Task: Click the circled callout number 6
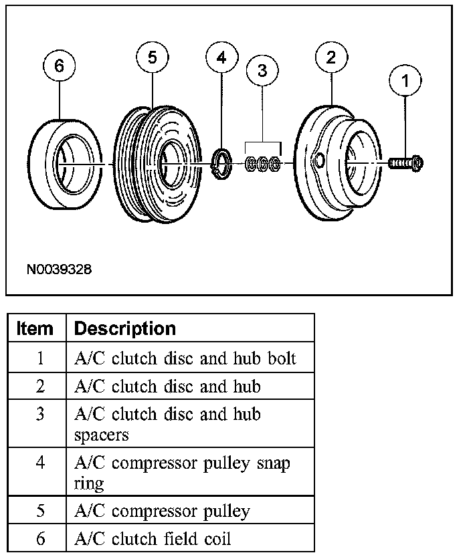[x=60, y=67]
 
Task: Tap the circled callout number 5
[x=153, y=58]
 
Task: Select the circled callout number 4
[x=221, y=58]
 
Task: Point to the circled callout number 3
[x=263, y=70]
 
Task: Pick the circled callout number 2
[x=331, y=58]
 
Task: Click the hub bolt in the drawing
[x=405, y=162]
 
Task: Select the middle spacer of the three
[x=263, y=163]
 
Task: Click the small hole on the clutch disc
[x=318, y=161]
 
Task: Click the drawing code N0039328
[x=60, y=270]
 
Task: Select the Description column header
[x=125, y=329]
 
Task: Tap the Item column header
[x=35, y=329]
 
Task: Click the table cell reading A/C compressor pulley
[x=162, y=512]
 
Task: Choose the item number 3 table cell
[x=39, y=414]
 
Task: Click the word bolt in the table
[x=280, y=358]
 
